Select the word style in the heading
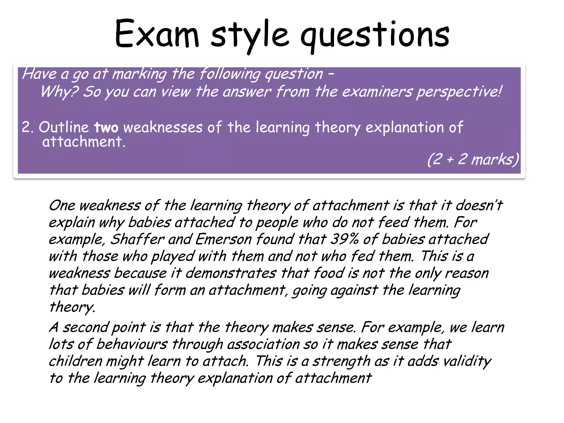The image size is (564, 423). click(250, 36)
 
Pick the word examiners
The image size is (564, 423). click(377, 92)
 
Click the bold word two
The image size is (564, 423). click(106, 128)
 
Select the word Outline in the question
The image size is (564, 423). click(64, 127)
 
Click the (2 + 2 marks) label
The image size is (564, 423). click(473, 159)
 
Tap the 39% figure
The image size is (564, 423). click(345, 239)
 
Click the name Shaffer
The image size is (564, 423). click(137, 239)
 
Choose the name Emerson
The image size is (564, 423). click(223, 239)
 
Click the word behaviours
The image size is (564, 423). click(132, 344)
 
